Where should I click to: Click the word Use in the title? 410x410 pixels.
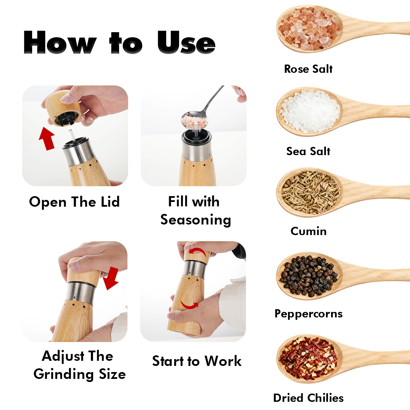186,42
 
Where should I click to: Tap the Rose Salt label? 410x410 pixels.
308,69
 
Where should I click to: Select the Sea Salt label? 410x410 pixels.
308,151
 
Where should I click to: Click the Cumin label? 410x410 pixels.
309,231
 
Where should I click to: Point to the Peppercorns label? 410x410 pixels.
309,314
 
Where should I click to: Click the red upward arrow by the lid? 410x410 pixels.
47,138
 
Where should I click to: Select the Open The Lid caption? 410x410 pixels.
74,202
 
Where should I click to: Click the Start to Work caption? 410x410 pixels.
197,361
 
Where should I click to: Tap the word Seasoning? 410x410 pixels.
196,220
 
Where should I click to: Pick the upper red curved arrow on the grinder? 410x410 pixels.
198,251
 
